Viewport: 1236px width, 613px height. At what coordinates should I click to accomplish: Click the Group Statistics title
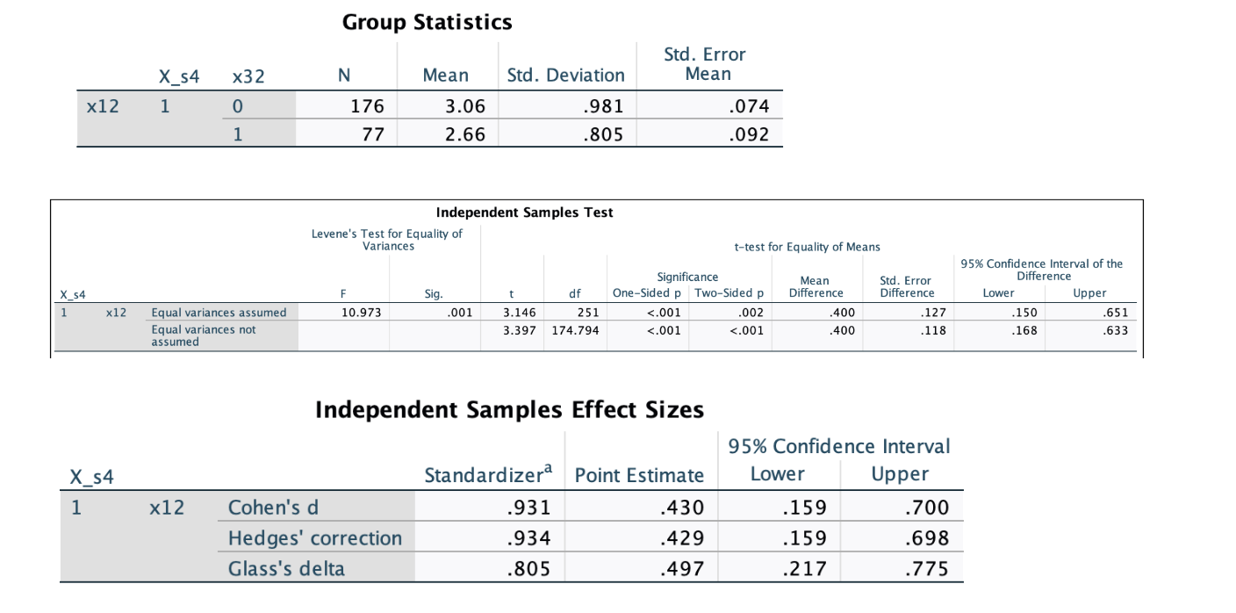[x=428, y=22]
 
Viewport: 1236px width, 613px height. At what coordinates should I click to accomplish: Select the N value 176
[x=368, y=106]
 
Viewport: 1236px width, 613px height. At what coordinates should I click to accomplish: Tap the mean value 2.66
[x=465, y=134]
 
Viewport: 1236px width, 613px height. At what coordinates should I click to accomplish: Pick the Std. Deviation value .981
[x=603, y=106]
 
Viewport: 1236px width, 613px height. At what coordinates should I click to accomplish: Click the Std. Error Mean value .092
[x=749, y=134]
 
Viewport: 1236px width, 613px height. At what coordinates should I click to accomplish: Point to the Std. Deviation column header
[x=566, y=76]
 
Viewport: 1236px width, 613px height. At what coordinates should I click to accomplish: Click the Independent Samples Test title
[x=524, y=213]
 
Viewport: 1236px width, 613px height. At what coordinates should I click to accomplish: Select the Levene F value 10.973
[x=362, y=313]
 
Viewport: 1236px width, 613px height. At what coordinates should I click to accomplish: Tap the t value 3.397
[x=519, y=330]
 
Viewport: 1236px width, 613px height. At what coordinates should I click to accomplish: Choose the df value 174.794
[x=576, y=330]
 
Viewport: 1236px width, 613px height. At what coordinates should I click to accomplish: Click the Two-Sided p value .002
[x=751, y=313]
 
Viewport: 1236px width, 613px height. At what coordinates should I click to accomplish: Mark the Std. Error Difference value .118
[x=933, y=330]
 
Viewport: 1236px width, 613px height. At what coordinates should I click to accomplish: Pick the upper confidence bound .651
[x=1115, y=313]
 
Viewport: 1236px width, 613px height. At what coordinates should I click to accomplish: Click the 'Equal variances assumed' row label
[x=219, y=313]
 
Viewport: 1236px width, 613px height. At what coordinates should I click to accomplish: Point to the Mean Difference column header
[x=816, y=286]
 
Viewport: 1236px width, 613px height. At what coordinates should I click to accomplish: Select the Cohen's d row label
[x=273, y=508]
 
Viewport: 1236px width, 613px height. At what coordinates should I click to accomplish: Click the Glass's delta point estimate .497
[x=682, y=568]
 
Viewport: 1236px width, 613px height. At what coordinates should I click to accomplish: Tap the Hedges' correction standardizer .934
[x=528, y=537]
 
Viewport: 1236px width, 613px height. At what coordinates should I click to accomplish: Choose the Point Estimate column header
[x=639, y=475]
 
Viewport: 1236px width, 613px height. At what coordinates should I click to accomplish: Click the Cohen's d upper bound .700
[x=927, y=508]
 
